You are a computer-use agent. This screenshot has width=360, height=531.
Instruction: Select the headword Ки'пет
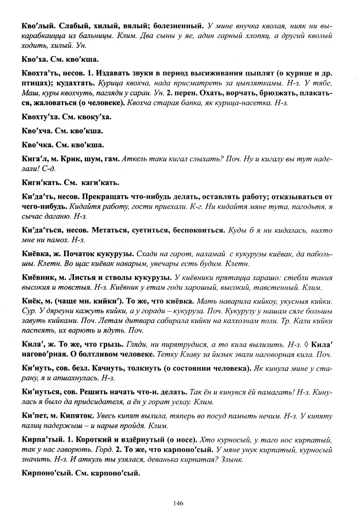click(x=34, y=416)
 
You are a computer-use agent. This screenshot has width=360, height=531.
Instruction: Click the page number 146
click(x=178, y=504)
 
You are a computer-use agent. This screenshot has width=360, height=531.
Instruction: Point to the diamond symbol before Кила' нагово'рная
click(x=307, y=344)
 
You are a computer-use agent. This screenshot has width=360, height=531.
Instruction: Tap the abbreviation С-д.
click(x=49, y=169)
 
